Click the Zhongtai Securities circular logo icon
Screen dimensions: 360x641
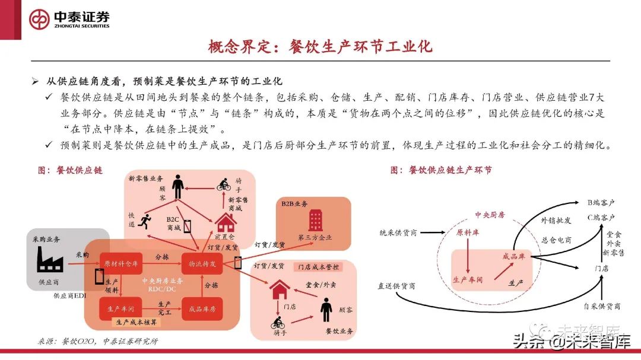click(39, 19)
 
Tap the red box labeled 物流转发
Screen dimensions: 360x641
click(201, 263)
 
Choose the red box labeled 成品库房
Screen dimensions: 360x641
click(202, 309)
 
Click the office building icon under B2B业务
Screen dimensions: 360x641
click(316, 221)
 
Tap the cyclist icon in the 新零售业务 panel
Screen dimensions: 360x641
click(224, 184)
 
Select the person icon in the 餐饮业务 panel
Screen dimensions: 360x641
click(326, 309)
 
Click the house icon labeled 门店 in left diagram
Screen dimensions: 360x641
click(277, 291)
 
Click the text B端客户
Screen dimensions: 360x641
click(601, 203)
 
